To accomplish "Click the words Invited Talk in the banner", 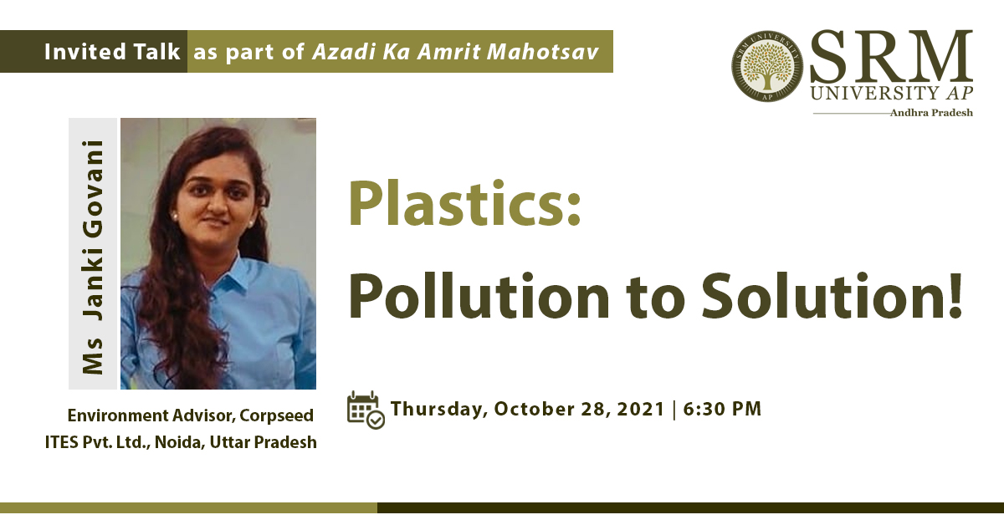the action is pyautogui.click(x=112, y=52).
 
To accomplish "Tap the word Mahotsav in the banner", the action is pyautogui.click(x=543, y=52).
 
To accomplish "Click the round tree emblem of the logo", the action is pyautogui.click(x=767, y=66).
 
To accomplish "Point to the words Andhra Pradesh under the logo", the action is pyautogui.click(x=931, y=112).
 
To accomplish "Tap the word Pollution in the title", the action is pyautogui.click(x=479, y=296).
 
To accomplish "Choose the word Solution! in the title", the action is pyautogui.click(x=832, y=296).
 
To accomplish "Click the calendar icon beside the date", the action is pyautogui.click(x=366, y=410).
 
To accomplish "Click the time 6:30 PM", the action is pyautogui.click(x=722, y=409).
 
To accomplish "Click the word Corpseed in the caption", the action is pyautogui.click(x=277, y=416).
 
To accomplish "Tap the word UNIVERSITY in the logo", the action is pyautogui.click(x=874, y=93).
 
